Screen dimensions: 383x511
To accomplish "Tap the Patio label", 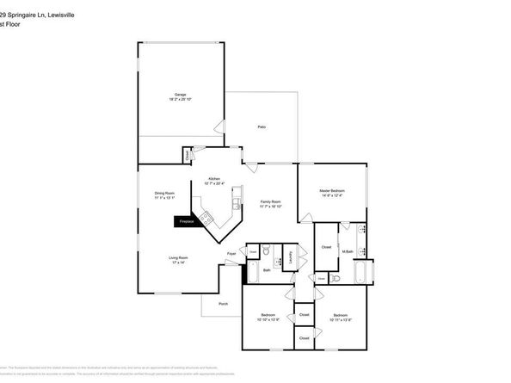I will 262,127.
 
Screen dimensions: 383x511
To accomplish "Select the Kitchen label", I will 214,180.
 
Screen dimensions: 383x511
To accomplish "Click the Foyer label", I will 231,254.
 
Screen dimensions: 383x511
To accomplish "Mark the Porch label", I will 223,304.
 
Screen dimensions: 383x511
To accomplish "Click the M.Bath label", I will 348,251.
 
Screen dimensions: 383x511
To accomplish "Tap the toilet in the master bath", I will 336,279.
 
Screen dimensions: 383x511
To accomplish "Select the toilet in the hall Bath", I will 267,251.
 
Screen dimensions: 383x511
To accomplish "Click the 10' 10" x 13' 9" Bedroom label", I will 267,318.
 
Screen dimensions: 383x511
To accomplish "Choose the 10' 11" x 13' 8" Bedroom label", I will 340,318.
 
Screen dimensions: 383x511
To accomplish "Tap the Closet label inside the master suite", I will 326,247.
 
